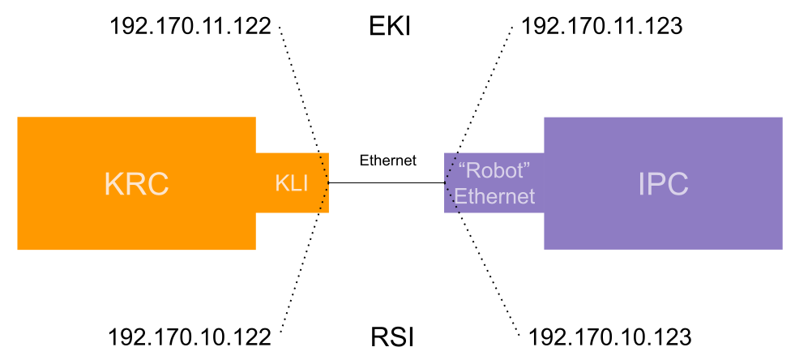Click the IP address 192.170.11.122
click(x=190, y=27)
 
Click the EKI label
click(x=388, y=28)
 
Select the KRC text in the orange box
click(x=136, y=184)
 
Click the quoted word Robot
click(x=494, y=172)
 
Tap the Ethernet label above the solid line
click(x=387, y=161)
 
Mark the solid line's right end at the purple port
click(x=444, y=183)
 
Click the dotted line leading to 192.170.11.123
click(x=483, y=89)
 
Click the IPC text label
click(x=663, y=184)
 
